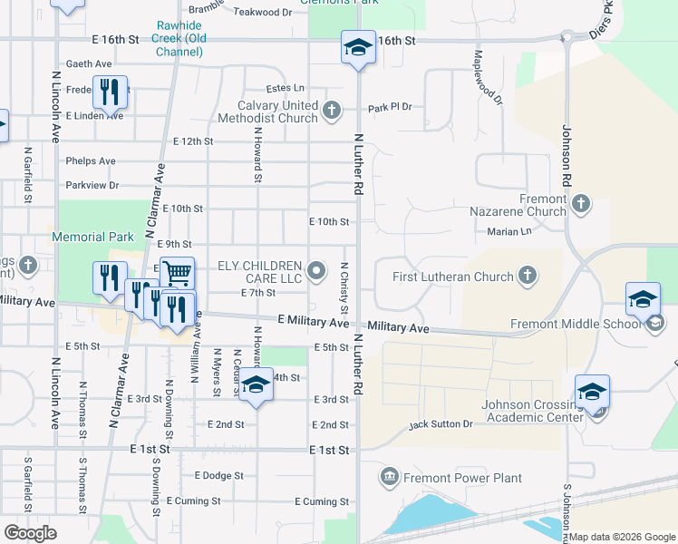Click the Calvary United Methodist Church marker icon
pos(332,112)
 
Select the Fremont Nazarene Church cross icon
pos(581,205)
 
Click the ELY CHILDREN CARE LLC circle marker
pos(316,269)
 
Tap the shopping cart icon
pos(179,271)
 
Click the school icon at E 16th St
pos(358,47)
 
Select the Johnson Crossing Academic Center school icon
pos(593,392)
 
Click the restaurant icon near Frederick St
pos(110,92)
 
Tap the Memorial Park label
pos(92,237)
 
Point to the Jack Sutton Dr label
pos(441,423)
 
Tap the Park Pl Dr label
pos(390,107)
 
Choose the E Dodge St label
pos(218,475)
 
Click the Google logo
pos(30,533)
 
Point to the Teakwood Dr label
pos(263,13)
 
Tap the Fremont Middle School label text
pos(576,324)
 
